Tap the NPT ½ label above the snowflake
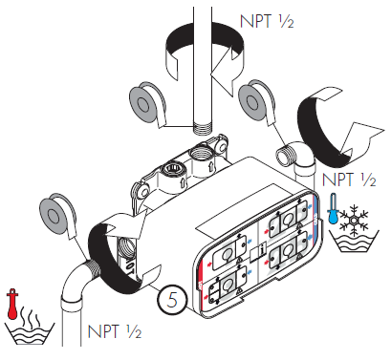pos(349,179)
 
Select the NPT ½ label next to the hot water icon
pos(115,331)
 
